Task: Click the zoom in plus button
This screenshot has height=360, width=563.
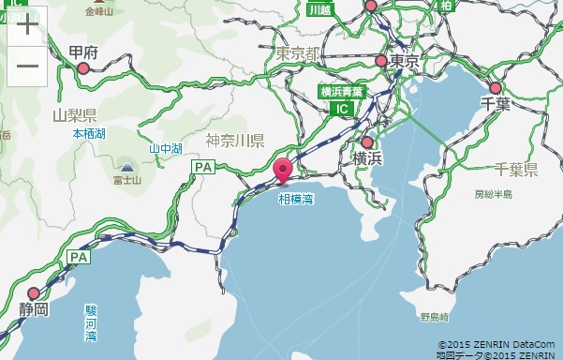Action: (x=27, y=25)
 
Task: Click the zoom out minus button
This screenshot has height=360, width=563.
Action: (x=27, y=66)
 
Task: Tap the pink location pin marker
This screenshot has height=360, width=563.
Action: (x=284, y=172)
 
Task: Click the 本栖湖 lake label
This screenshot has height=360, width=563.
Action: (x=90, y=134)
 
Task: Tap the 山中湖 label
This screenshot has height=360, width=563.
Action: (x=165, y=148)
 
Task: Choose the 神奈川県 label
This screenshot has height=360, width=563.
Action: (x=235, y=141)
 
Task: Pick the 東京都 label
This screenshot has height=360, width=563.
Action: (x=299, y=53)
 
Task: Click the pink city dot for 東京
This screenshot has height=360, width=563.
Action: (x=381, y=61)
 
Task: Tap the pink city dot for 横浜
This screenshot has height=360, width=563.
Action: (x=367, y=143)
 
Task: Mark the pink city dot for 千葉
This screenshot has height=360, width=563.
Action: (x=496, y=88)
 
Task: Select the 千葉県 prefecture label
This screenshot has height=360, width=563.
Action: (x=515, y=170)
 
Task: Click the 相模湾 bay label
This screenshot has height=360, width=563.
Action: (x=295, y=199)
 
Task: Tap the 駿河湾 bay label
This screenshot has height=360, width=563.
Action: (x=91, y=322)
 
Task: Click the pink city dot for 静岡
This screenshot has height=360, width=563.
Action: (x=35, y=293)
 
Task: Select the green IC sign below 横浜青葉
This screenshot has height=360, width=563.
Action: (x=342, y=109)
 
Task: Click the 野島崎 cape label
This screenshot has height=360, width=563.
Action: (x=437, y=317)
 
